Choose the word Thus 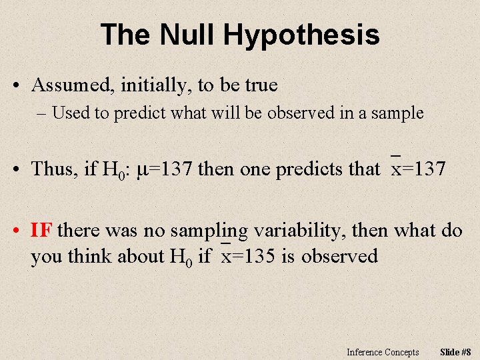click(x=54, y=169)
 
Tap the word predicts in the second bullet click(x=307, y=169)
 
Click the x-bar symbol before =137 click(x=396, y=169)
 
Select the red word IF click(x=41, y=231)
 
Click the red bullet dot click(x=16, y=231)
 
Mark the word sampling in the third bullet click(x=209, y=231)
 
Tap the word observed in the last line click(x=339, y=256)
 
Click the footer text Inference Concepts click(x=383, y=352)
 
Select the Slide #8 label click(x=456, y=352)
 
